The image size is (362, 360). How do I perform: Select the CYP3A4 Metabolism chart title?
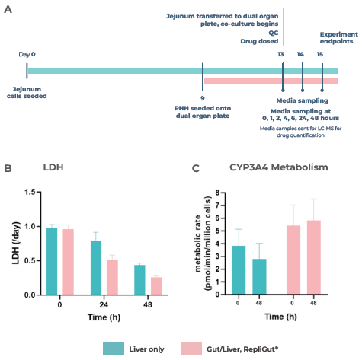coord(268,167)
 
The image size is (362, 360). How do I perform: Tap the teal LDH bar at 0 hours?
coord(52,261)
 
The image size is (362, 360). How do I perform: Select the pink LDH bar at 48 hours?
coord(156,285)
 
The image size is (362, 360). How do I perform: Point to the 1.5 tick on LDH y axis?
coord(29,193)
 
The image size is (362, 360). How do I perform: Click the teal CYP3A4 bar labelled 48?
coord(261,276)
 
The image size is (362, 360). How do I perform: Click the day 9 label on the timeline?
coord(202,98)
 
